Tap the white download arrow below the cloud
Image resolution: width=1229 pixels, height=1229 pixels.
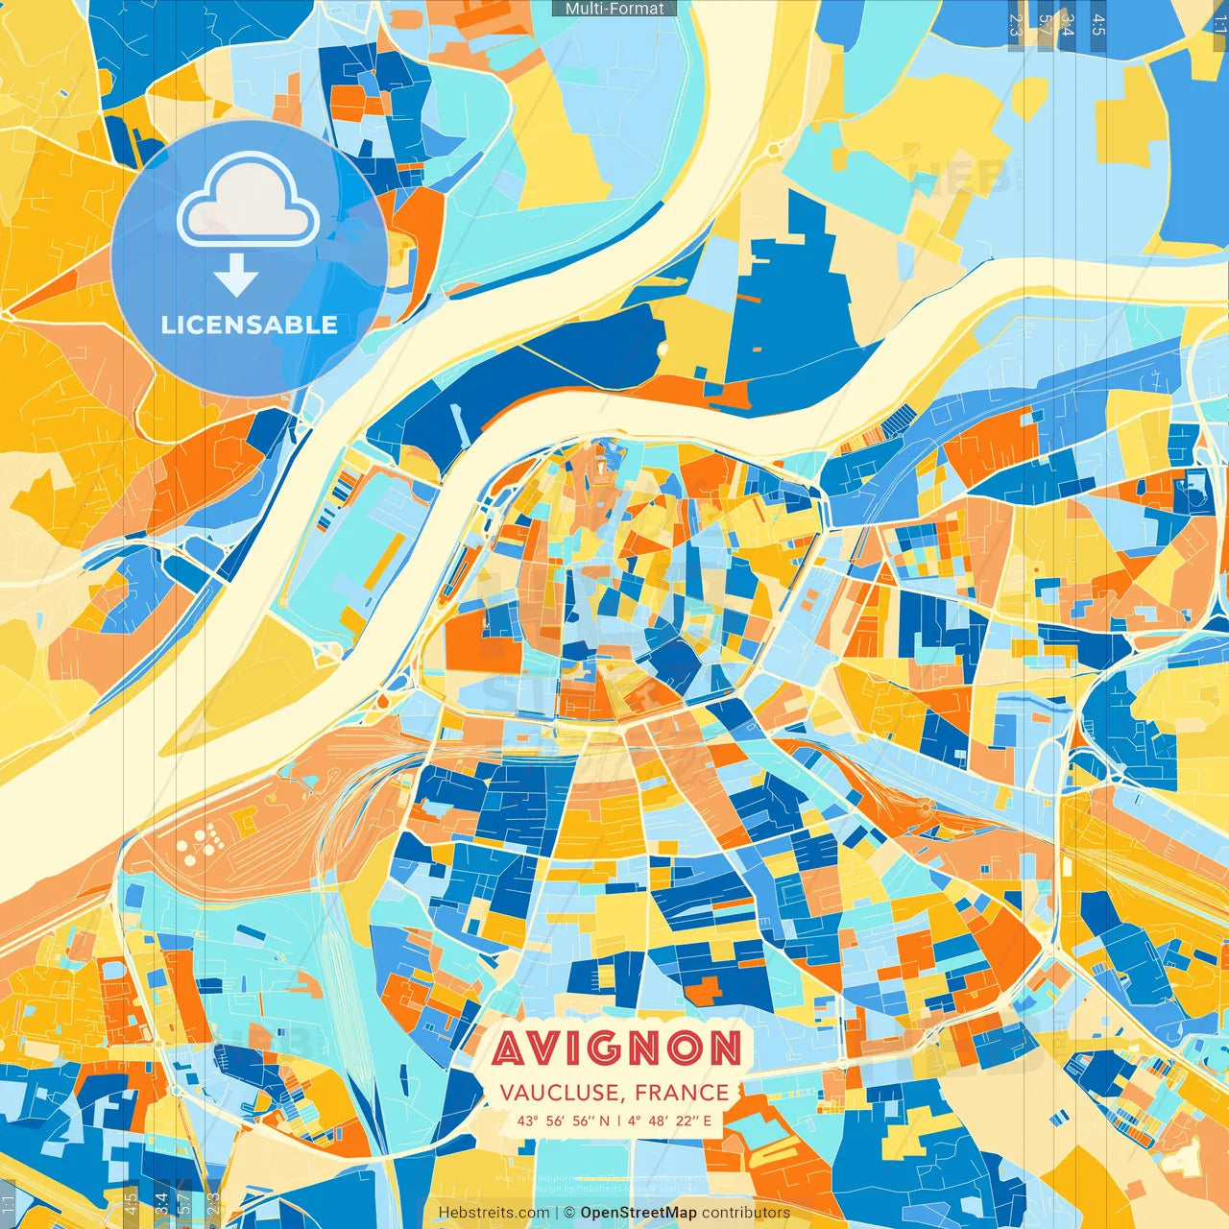click(236, 276)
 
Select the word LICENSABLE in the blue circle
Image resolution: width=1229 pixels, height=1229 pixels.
click(249, 325)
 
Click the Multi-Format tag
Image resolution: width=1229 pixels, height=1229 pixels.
click(614, 9)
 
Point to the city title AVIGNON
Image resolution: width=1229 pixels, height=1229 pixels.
click(616, 1048)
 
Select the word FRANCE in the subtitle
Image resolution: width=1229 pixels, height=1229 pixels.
click(682, 1093)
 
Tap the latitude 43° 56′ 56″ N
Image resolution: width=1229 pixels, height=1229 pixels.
click(564, 1121)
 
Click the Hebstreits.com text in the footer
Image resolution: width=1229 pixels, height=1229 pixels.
click(494, 1213)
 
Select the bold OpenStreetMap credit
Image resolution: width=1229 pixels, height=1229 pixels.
click(639, 1213)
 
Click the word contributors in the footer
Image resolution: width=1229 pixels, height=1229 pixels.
click(746, 1213)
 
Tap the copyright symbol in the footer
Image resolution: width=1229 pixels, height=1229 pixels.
click(568, 1213)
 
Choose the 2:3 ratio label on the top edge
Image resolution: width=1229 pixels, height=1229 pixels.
click(1016, 23)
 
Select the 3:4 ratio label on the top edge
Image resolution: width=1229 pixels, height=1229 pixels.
click(1067, 23)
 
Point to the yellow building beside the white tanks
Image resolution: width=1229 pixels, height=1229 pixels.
click(244, 819)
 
